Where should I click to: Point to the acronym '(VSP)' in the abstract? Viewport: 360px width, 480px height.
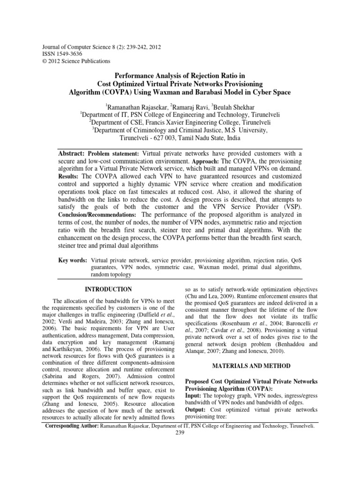[292, 206]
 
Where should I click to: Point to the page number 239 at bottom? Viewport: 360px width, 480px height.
[180, 434]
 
